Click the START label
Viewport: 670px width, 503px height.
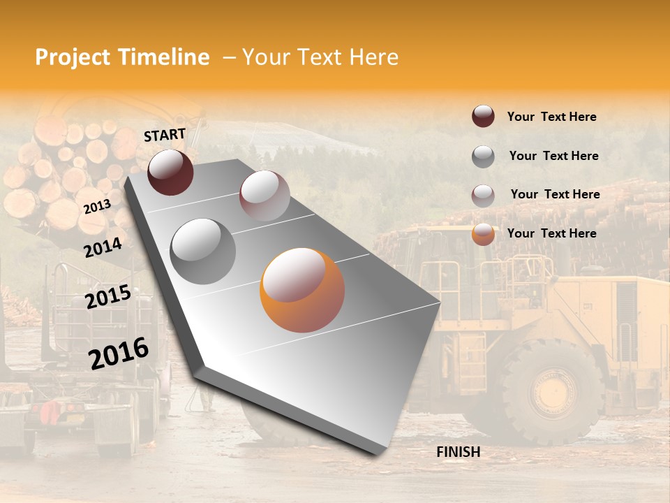tap(165, 135)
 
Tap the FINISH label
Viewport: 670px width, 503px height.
tap(459, 452)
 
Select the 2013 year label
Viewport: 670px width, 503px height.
tap(97, 207)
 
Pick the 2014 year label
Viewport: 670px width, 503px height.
tap(103, 247)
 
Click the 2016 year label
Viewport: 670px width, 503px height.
tap(119, 353)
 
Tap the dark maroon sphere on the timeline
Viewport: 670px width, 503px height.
tap(170, 173)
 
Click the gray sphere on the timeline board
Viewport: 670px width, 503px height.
tap(203, 251)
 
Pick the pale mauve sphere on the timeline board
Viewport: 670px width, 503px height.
tap(265, 196)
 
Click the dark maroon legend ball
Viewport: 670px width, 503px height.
tap(483, 117)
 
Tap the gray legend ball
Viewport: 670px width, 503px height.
tap(483, 156)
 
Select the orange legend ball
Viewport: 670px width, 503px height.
tap(483, 234)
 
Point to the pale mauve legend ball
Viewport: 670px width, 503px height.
tap(483, 195)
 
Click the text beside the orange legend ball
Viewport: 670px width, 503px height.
tap(551, 233)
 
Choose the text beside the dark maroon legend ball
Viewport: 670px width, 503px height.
tap(551, 117)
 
